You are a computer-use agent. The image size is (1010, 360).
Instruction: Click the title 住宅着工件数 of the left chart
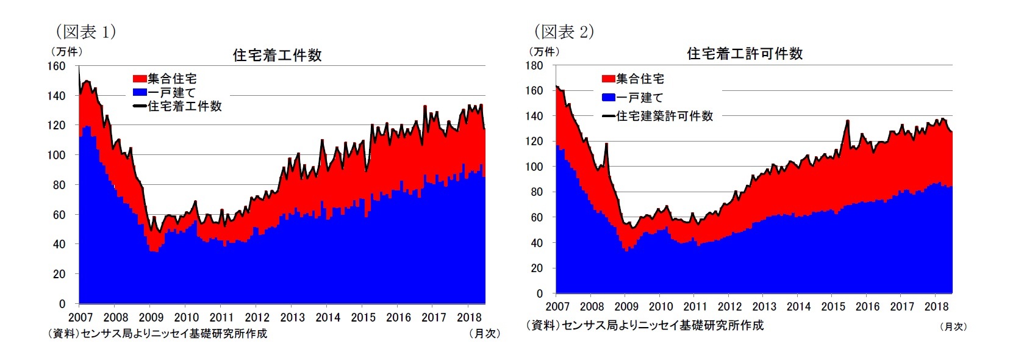[x=277, y=56]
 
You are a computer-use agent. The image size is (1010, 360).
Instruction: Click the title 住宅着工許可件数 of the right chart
[x=744, y=54]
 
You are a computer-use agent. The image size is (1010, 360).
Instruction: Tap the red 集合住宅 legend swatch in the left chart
[x=140, y=79]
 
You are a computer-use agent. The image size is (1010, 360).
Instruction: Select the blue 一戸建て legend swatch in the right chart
[x=608, y=98]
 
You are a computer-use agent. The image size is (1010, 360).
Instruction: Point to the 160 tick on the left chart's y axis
[x=57, y=66]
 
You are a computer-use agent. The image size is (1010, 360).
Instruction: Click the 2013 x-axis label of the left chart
[x=292, y=317]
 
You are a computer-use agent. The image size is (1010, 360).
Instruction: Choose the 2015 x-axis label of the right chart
[x=833, y=306]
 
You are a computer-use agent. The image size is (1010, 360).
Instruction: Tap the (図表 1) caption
[x=85, y=32]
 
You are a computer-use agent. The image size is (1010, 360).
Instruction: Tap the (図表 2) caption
[x=564, y=32]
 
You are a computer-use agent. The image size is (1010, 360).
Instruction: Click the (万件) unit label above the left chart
[x=66, y=52]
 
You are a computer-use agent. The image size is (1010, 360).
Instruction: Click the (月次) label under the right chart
[x=953, y=326]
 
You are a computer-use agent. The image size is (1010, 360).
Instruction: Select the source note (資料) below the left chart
[x=157, y=334]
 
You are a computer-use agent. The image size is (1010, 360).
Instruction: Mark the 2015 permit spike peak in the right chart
[x=847, y=121]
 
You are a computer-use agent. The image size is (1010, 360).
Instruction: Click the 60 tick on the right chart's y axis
[x=536, y=217]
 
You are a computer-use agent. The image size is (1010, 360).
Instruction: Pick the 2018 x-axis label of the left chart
[x=468, y=317]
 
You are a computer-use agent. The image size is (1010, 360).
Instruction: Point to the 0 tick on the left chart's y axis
[x=62, y=303]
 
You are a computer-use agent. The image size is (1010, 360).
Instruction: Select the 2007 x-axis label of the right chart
[x=557, y=306]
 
